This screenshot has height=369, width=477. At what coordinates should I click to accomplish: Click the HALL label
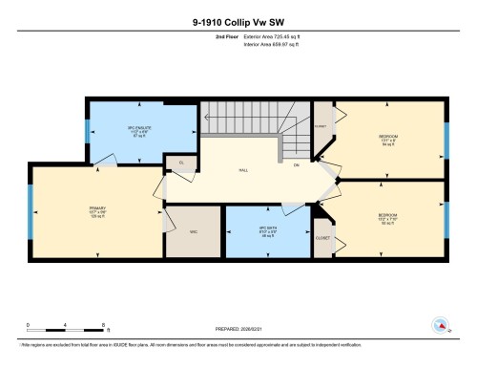pyautogui.click(x=243, y=170)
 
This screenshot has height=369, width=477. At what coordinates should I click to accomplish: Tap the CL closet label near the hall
pyautogui.click(x=181, y=163)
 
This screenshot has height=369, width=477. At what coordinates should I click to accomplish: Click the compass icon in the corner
pyautogui.click(x=441, y=324)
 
